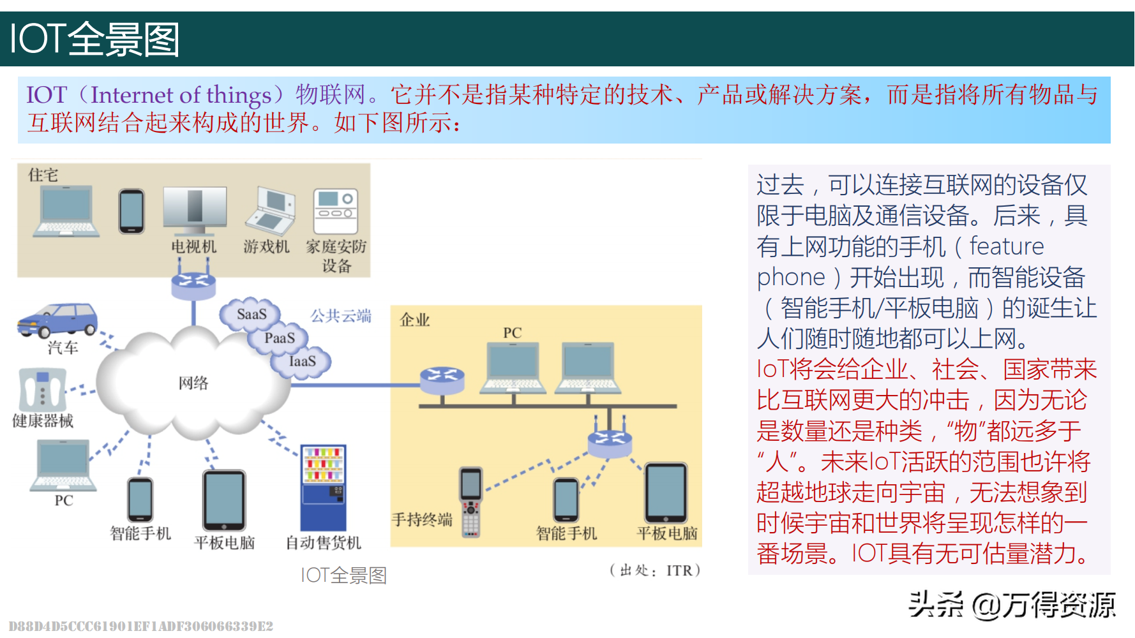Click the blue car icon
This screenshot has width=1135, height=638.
tap(57, 319)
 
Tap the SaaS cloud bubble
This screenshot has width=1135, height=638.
tap(251, 314)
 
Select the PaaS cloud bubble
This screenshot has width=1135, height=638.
tap(280, 338)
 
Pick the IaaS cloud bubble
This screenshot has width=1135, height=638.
tap(302, 361)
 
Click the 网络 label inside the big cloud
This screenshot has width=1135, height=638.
tap(193, 383)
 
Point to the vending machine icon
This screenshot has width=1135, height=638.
tap(324, 488)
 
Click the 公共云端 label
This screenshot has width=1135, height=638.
tap(341, 316)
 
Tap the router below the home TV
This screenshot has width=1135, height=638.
tap(193, 283)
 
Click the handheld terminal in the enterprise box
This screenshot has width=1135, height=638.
tap(471, 501)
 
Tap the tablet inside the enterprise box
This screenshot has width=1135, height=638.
tap(666, 493)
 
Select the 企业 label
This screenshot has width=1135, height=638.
tap(415, 320)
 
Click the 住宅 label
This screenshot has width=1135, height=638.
tap(43, 175)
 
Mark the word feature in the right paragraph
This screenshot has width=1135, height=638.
tap(1007, 246)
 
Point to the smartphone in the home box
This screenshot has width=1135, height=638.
tap(132, 211)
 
